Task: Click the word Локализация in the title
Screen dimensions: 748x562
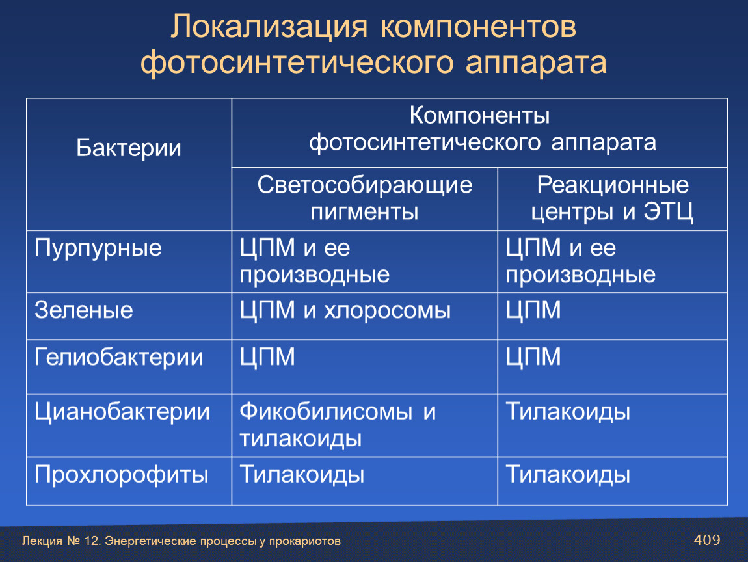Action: point(269,28)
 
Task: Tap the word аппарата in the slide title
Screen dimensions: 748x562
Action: point(536,62)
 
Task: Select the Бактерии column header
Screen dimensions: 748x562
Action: point(129,148)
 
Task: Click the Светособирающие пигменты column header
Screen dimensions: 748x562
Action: point(364,198)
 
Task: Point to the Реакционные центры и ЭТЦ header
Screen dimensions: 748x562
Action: point(613,198)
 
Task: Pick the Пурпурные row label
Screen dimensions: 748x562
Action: point(98,248)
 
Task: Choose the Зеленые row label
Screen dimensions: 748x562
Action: point(83,310)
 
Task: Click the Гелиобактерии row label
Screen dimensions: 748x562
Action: point(119,357)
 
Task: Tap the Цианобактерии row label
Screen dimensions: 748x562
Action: point(122,412)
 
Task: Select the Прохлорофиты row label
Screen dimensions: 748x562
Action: point(121,475)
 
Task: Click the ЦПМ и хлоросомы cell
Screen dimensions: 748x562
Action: point(345,310)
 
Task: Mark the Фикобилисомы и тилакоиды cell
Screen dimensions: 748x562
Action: point(338,425)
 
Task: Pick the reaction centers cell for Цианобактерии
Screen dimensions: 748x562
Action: point(568,412)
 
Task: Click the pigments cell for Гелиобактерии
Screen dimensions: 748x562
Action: point(267,357)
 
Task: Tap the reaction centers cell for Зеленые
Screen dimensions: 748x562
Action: point(533,310)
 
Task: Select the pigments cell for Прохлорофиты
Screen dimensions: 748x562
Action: point(302,475)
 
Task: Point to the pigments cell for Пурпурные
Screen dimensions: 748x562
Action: point(314,261)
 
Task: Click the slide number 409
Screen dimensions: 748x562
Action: point(707,540)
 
